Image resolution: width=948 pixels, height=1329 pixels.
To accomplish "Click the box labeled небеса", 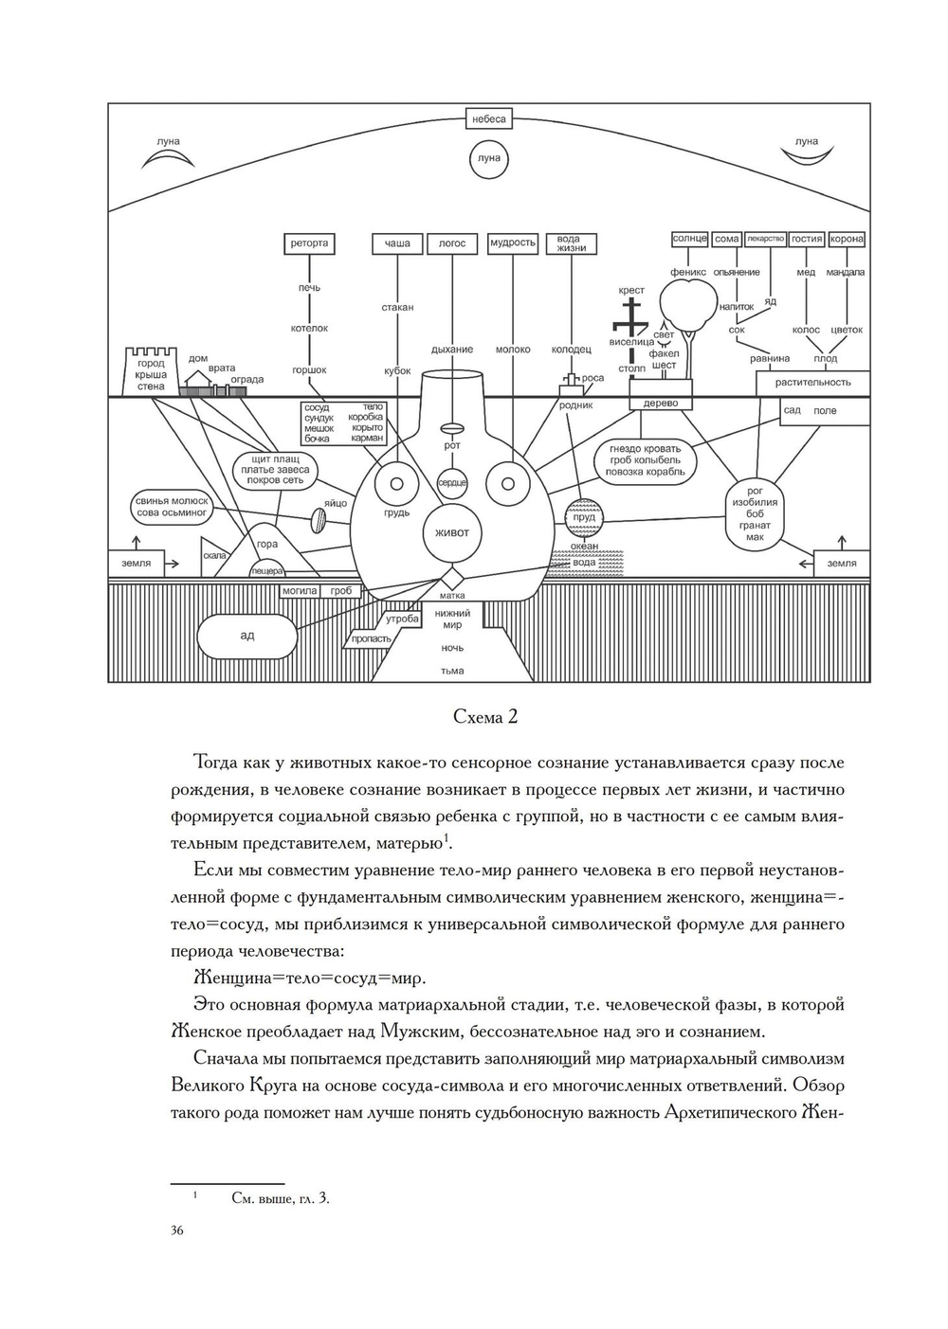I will click(489, 119).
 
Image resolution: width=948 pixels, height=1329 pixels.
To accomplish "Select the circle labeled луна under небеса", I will click(489, 158).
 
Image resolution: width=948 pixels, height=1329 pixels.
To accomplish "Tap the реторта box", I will click(309, 243).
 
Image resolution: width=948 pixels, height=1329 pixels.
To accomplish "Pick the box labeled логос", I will click(452, 243).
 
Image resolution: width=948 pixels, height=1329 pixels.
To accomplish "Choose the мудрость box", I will click(513, 243).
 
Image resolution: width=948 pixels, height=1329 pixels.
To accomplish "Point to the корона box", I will click(847, 240).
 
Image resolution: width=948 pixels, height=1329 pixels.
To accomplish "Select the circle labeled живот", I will click(451, 532).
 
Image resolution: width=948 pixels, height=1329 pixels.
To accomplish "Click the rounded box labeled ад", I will click(247, 635).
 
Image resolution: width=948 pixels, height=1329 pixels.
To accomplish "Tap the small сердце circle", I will click(452, 483).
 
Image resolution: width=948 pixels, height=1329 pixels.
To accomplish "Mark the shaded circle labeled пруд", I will click(585, 517).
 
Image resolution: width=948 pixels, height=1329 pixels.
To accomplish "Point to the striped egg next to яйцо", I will click(320, 520).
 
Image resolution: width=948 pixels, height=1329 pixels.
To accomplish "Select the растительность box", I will click(812, 383).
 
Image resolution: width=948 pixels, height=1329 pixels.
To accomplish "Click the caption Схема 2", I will click(485, 717).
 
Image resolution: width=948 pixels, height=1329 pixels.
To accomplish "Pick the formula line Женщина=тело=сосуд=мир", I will click(310, 978).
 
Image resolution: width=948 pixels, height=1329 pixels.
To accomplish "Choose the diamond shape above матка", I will click(452, 577).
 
